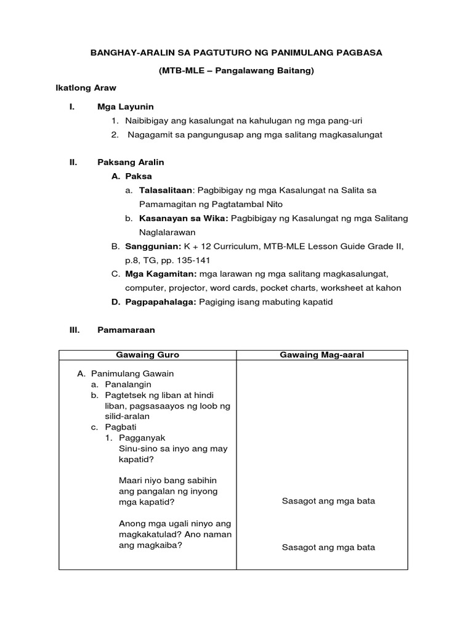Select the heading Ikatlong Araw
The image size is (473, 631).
pos(86,89)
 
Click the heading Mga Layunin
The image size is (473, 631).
pos(126,107)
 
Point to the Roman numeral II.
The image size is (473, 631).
pos(73,163)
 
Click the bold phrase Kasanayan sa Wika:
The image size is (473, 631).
pos(179,219)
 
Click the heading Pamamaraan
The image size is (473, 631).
pos(126,330)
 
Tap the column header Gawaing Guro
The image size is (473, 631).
pos(148,355)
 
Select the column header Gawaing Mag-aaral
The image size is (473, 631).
pos(322,355)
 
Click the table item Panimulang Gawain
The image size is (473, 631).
pos(132,373)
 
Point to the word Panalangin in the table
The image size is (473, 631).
pos(128,384)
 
